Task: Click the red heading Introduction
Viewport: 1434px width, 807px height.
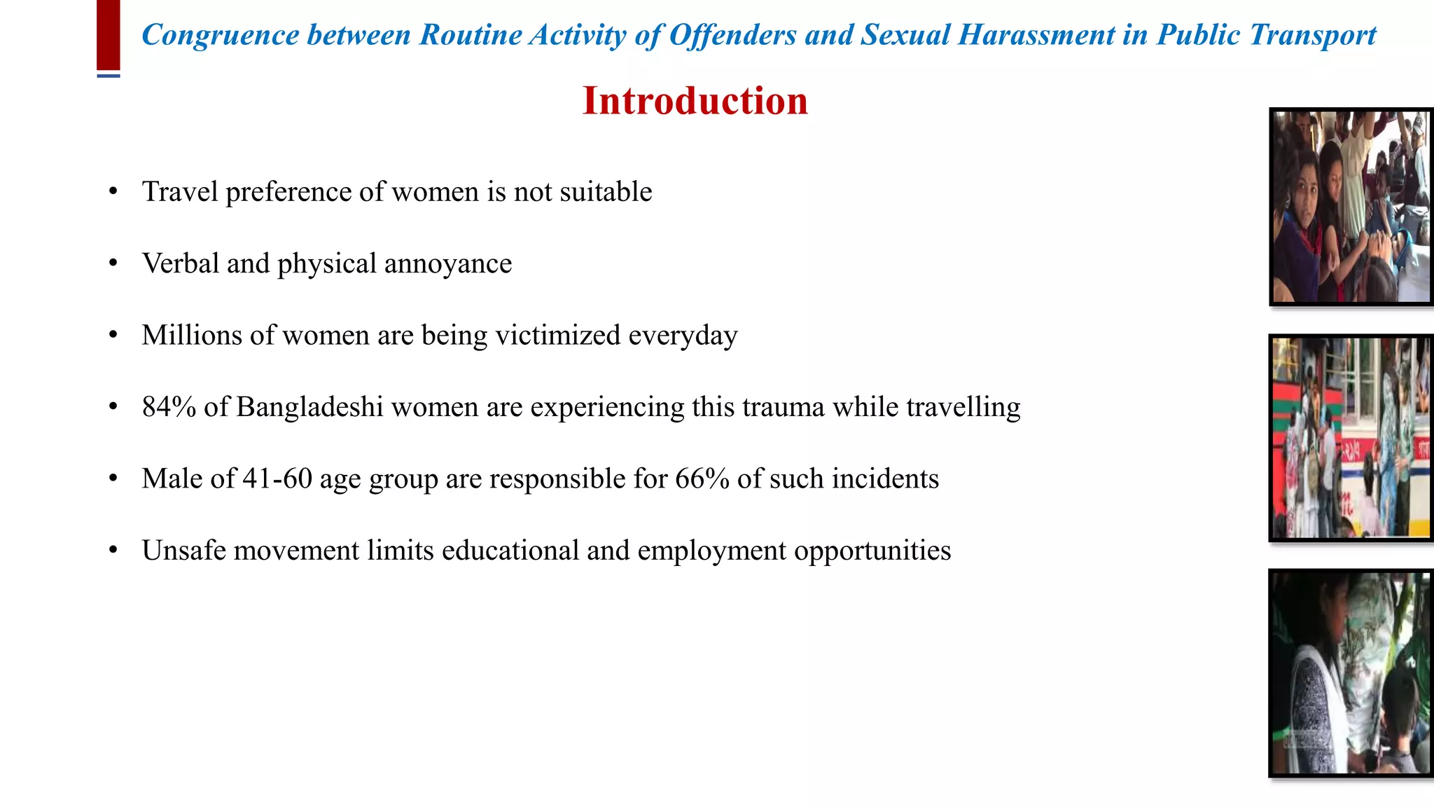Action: (x=695, y=101)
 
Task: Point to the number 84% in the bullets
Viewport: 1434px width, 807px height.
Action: (x=169, y=407)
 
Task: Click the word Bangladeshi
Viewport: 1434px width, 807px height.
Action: (x=309, y=407)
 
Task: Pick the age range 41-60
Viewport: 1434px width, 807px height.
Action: (x=277, y=478)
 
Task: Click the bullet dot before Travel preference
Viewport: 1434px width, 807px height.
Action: (x=113, y=192)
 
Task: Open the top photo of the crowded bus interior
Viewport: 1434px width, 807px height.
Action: (x=1351, y=207)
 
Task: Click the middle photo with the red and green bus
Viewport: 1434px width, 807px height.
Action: (x=1351, y=438)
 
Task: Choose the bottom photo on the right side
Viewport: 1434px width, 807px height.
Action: (x=1351, y=672)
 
